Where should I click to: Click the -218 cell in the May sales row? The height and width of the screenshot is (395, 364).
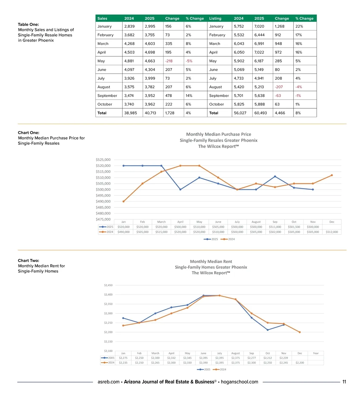169,61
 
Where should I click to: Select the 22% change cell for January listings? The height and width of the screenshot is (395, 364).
299,26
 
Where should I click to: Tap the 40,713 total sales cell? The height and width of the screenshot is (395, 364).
150,113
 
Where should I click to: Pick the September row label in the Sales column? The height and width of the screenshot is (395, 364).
107,96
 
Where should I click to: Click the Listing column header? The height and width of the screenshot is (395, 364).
215,19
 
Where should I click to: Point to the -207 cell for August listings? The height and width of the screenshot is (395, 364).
279,87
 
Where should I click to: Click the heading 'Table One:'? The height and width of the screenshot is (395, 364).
28,24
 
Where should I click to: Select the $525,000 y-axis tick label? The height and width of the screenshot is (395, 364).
103,160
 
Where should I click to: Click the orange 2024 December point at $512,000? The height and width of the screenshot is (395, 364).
332,175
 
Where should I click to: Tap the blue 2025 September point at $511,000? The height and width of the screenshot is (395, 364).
275,176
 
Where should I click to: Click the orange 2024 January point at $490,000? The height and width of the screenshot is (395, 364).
123,201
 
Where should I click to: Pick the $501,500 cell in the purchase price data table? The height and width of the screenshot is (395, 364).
294,227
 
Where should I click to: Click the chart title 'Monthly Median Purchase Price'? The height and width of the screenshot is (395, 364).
218,134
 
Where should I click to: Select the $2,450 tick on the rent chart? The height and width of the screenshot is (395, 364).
108,285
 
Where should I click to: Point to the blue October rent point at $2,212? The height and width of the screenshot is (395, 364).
268,330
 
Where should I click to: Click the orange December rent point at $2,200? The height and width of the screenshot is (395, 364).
300,332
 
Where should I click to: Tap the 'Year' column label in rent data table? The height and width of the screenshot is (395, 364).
316,353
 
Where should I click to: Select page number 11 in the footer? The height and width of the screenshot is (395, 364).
344,382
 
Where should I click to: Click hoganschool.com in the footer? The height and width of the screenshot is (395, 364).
239,382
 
